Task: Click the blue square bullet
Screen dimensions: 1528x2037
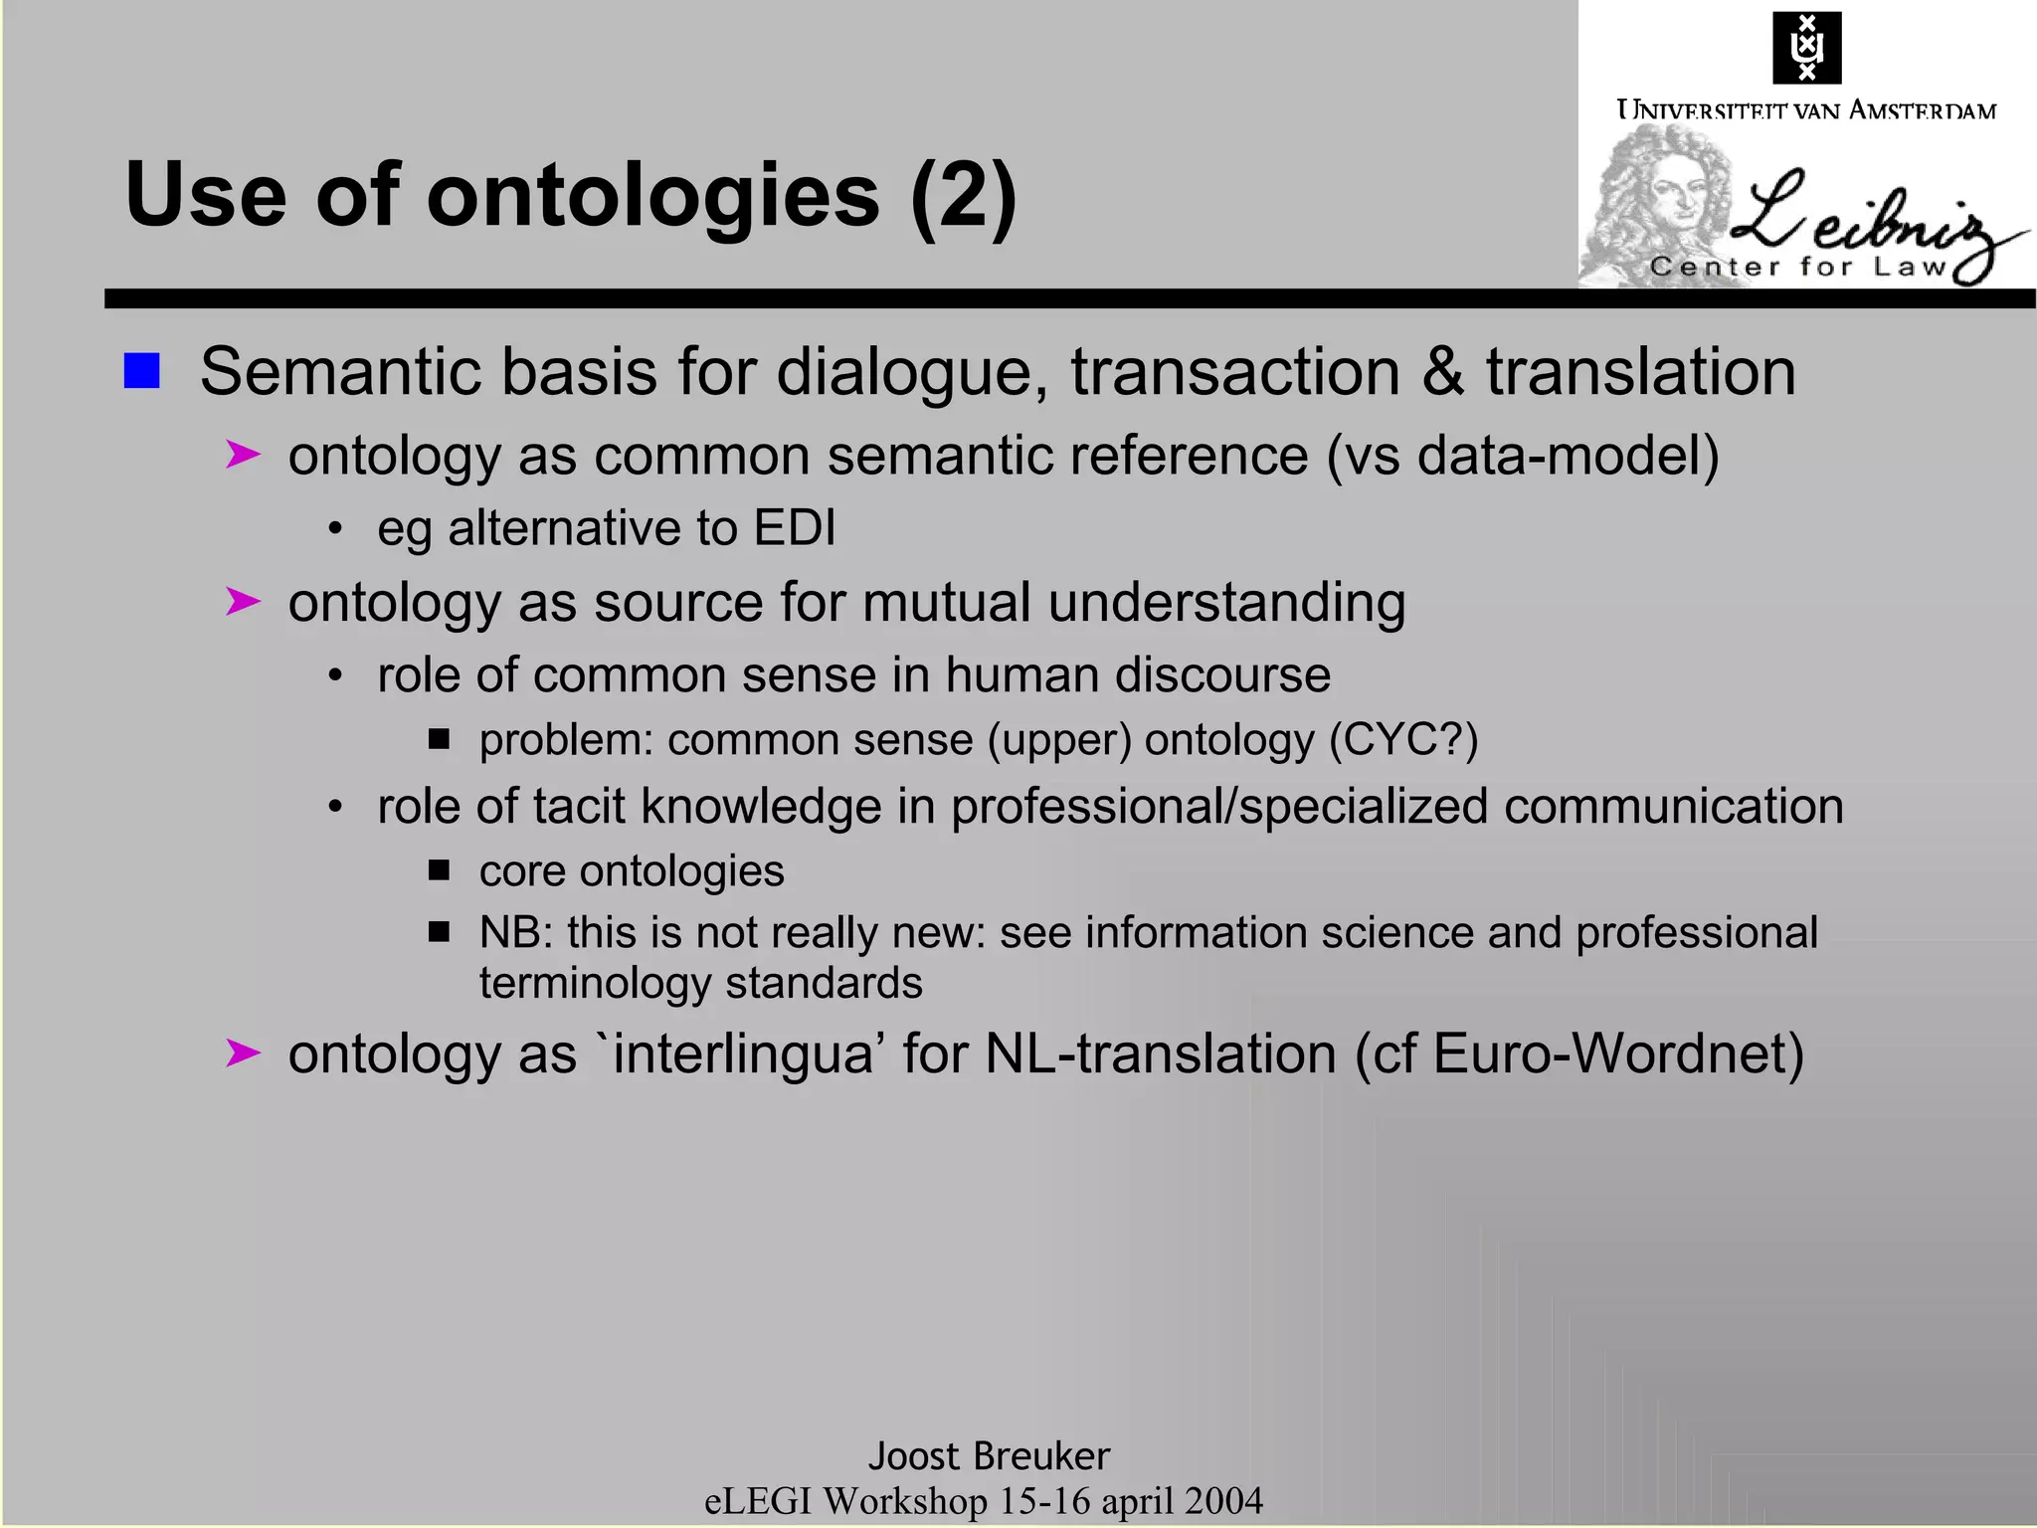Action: point(141,371)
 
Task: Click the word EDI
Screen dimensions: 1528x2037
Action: point(795,527)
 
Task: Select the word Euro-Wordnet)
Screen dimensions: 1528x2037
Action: point(1618,1053)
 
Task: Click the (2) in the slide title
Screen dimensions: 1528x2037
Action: point(963,195)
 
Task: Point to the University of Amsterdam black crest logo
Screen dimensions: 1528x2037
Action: point(1806,48)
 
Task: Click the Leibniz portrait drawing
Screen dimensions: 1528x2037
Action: point(1656,204)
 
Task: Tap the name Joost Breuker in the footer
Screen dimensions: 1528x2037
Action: point(989,1455)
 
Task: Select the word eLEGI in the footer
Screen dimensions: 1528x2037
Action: point(758,1501)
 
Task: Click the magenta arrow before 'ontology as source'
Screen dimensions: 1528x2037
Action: point(243,602)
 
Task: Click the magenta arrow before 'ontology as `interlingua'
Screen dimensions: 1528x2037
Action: point(243,1052)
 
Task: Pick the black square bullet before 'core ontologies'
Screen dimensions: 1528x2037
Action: point(439,870)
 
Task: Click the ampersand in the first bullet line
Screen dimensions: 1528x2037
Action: point(1443,372)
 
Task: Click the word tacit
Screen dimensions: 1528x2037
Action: point(579,807)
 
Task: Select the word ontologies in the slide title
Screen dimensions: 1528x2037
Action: point(653,195)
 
